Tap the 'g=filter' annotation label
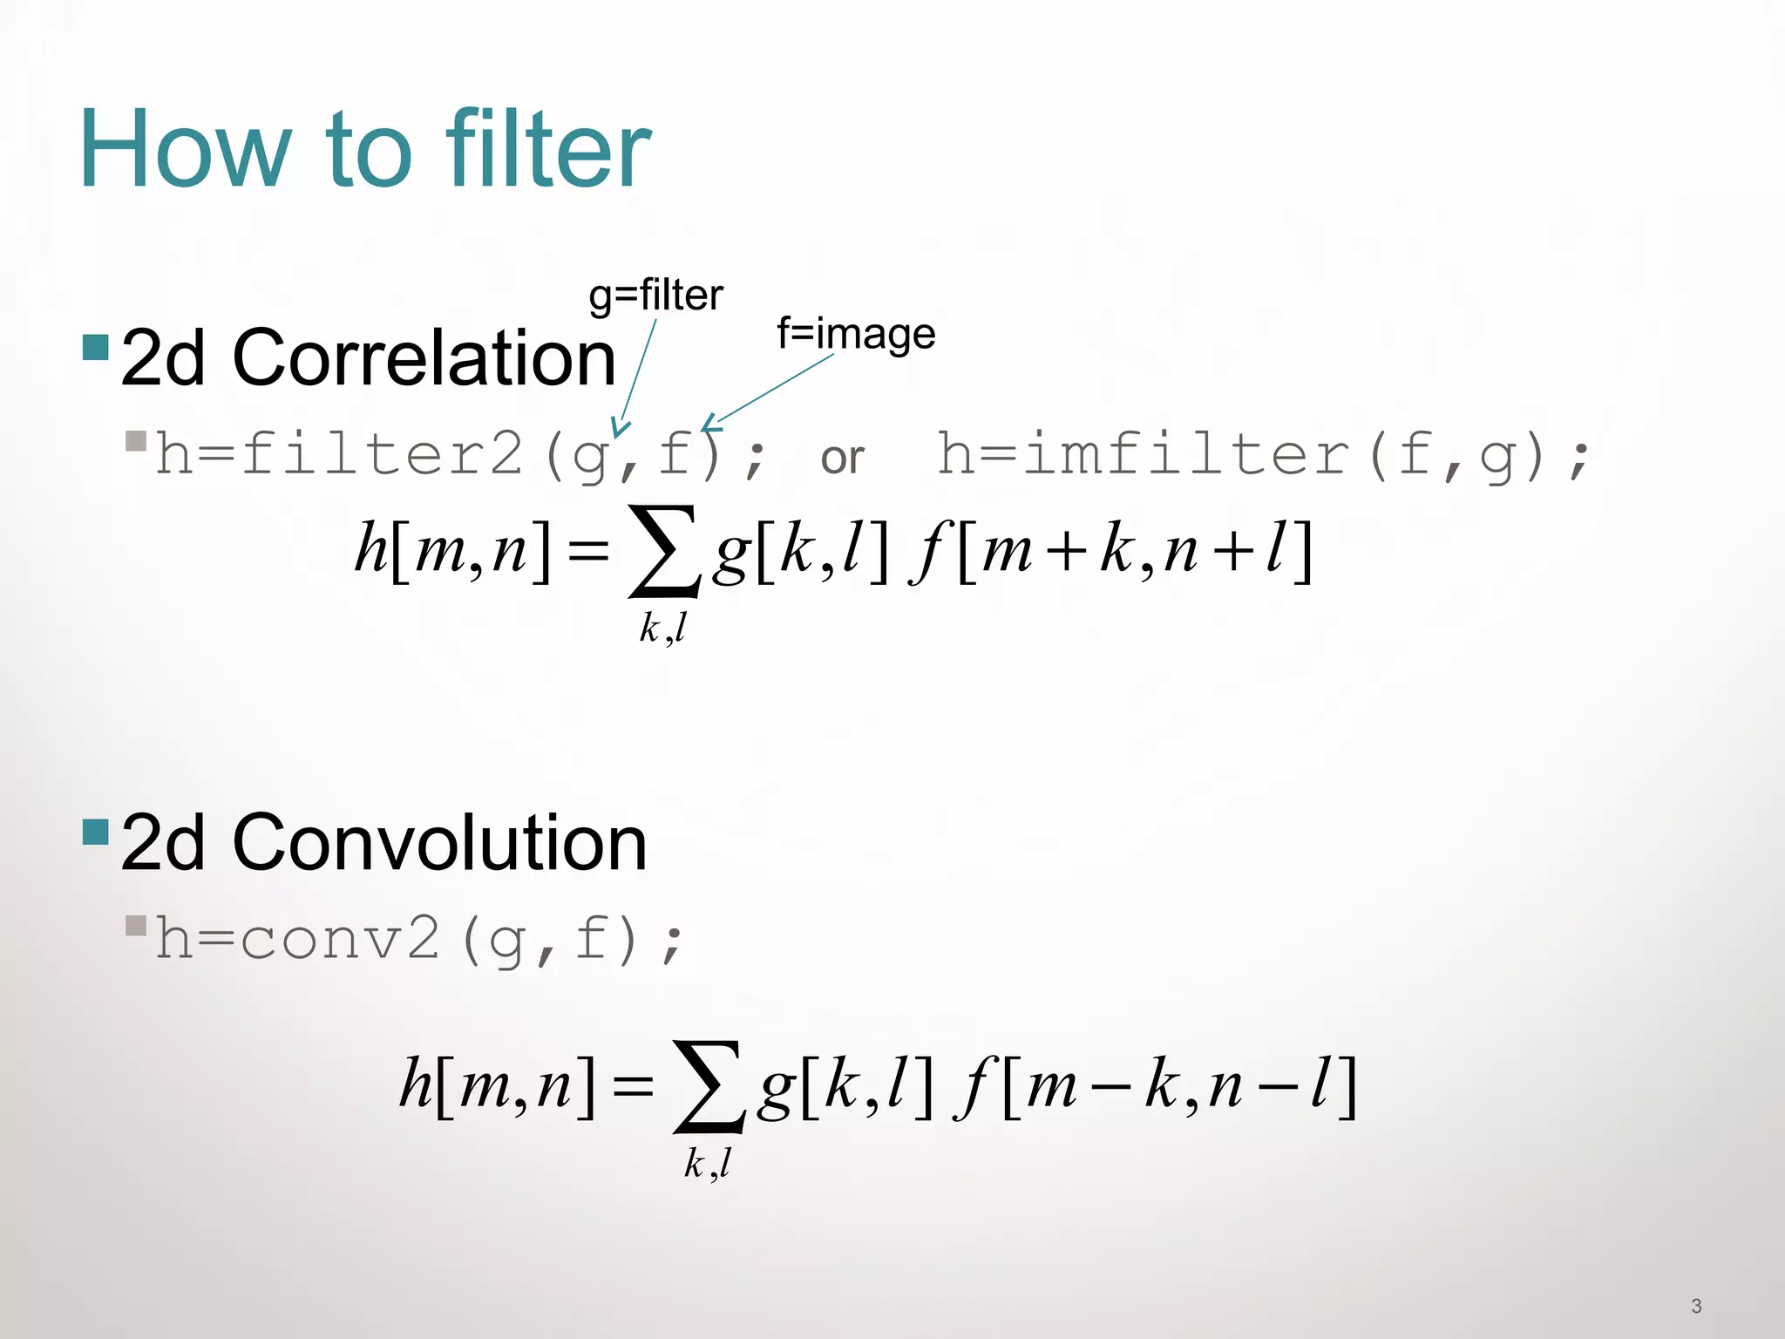655,296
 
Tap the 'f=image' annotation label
856,334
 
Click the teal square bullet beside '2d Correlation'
95,348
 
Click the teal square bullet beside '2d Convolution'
95,833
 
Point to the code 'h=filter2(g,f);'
460,455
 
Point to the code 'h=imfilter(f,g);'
1263,455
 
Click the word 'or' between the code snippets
842,458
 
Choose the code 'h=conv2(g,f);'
419,940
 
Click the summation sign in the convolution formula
709,1086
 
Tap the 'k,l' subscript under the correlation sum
663,628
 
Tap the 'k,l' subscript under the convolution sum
708,1163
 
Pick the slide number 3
1696,1306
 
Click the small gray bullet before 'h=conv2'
136,925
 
